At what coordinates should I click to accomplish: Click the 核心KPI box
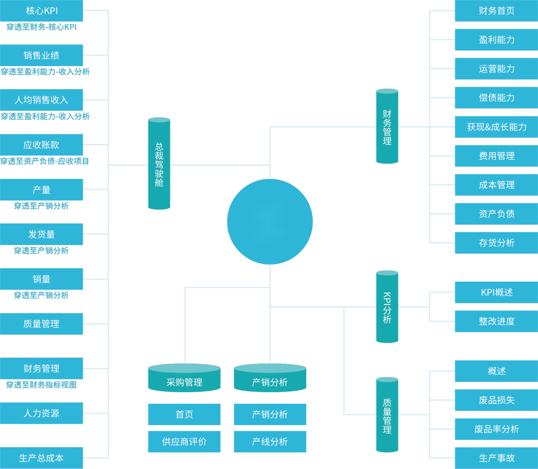41,11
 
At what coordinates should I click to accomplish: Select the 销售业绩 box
41,55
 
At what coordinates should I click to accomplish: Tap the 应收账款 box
41,145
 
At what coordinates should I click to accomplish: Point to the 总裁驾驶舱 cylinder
159,164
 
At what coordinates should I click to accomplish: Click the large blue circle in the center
270,222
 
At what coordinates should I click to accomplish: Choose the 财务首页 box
496,11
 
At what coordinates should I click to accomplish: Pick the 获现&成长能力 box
496,127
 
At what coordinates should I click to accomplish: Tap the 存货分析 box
496,243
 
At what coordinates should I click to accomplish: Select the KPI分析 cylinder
387,307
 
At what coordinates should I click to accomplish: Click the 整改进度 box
496,321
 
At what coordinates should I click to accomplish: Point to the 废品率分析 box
496,429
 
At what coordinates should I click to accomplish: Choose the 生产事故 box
496,458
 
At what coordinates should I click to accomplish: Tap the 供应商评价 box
184,442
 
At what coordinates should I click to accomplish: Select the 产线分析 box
270,442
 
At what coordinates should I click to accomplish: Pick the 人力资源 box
41,413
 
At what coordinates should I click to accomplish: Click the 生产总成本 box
41,458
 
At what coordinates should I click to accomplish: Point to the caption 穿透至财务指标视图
41,385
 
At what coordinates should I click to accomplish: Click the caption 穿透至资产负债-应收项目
44,161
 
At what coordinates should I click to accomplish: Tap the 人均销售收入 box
41,100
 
